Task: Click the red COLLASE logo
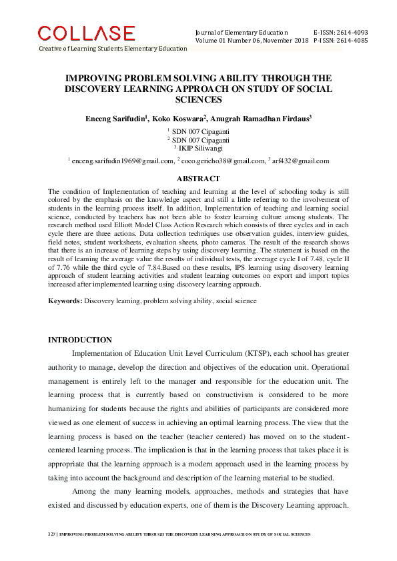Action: pos(86,33)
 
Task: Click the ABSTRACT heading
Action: pos(197,179)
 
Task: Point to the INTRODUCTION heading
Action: pos(79,340)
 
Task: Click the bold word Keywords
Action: pos(65,301)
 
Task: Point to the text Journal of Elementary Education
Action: pos(241,32)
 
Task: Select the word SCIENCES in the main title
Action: pos(197,99)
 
